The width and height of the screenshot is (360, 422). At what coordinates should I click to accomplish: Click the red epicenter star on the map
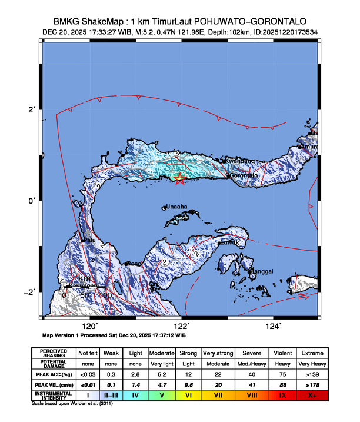tap(181, 180)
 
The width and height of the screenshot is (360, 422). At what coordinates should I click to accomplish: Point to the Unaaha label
tap(176, 207)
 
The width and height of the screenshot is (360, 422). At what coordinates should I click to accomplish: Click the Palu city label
tap(89, 240)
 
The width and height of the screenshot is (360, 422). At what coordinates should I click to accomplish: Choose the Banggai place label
tap(262, 271)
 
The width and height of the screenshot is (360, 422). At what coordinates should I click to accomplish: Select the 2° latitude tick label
tap(33, 109)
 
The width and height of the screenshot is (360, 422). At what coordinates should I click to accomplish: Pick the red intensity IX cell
tap(282, 395)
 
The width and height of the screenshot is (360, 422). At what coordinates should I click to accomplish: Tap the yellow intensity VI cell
tap(188, 395)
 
